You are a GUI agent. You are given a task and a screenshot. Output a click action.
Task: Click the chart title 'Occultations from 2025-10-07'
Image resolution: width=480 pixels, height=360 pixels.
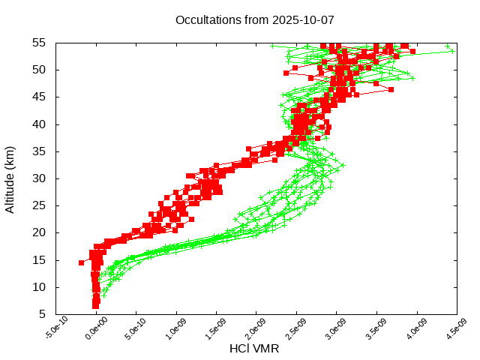[254, 19]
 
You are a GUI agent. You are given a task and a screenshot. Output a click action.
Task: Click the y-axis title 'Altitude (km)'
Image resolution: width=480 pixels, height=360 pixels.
[10, 178]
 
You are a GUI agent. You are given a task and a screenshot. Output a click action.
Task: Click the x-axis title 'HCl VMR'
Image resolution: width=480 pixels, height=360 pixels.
[255, 349]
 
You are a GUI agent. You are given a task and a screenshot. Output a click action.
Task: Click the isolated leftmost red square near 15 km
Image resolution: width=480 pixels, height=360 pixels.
[81, 262]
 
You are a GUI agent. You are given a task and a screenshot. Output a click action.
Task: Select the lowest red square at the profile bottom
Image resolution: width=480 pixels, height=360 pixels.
[95, 306]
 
